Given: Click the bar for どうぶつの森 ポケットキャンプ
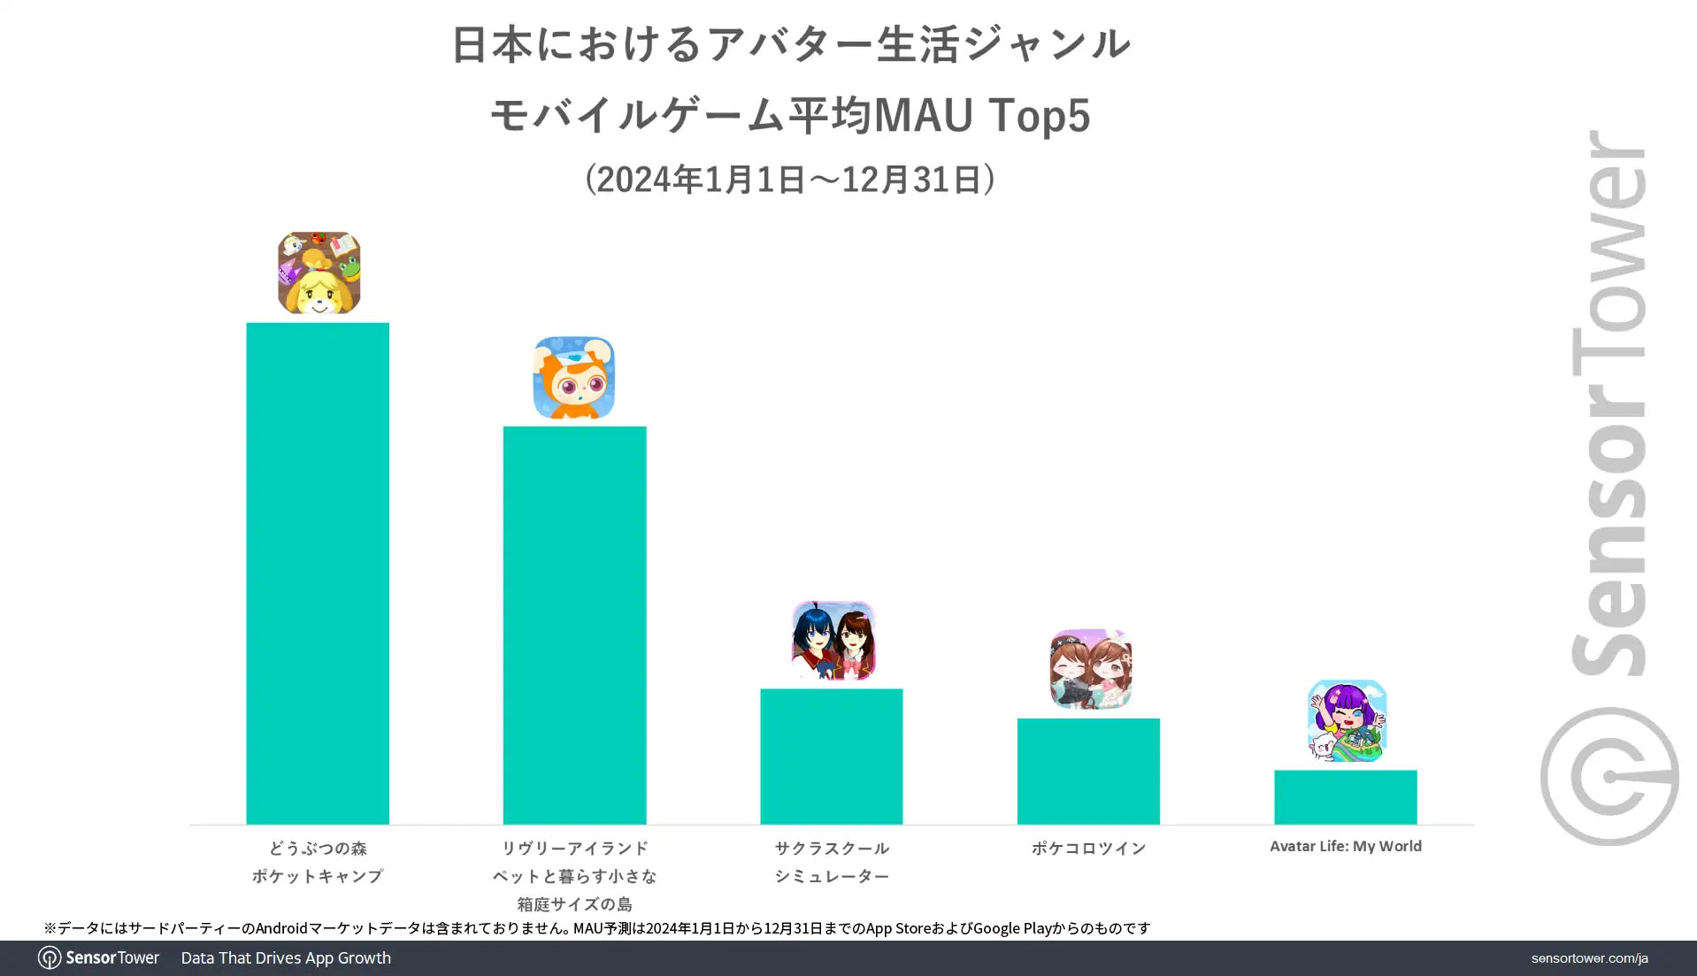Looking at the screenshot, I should (317, 573).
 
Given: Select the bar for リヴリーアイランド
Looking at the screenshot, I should (574, 625).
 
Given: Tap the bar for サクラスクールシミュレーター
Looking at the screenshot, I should (831, 756).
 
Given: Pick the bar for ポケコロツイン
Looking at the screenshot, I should (1087, 771).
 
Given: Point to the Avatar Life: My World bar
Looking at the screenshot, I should (1345, 796).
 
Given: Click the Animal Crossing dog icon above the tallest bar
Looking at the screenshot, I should (319, 273).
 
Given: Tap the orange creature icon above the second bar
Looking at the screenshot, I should (573, 377).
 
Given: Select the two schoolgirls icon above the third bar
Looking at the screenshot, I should (833, 641).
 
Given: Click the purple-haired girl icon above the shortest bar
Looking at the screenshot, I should (1347, 720).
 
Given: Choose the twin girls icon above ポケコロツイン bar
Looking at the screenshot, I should (1090, 669).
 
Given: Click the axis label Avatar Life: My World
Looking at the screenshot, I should (1345, 846).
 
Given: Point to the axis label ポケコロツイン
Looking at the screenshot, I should (1088, 848).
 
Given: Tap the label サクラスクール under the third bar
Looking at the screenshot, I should (832, 848).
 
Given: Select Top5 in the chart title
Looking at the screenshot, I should (1040, 115).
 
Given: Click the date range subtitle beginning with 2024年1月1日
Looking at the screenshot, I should (789, 179).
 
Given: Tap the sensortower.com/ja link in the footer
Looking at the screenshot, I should (1589, 958).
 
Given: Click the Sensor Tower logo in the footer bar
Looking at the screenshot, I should (99, 957).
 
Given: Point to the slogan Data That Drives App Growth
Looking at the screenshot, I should (286, 957).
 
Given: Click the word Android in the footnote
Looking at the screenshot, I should (281, 928).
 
